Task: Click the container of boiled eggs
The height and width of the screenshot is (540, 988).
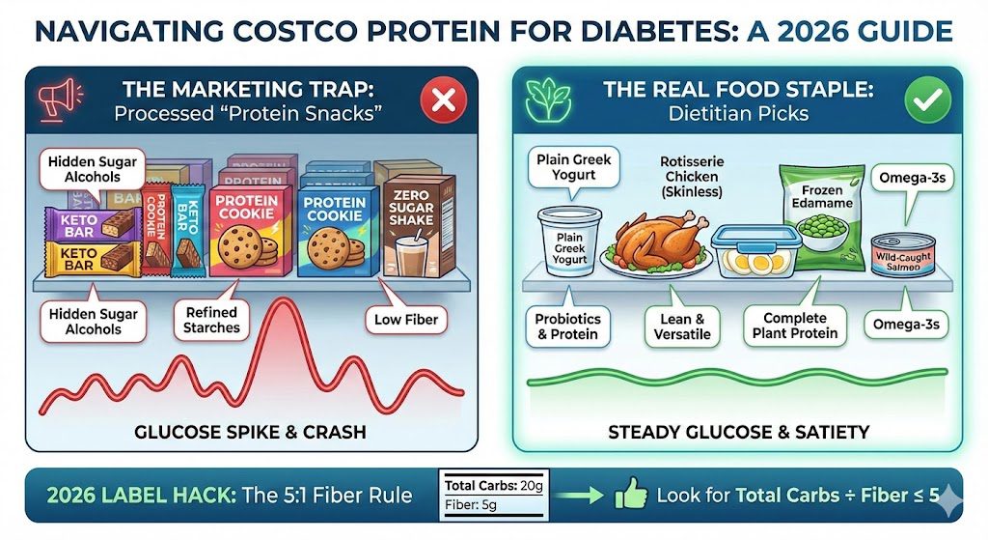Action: [x=751, y=251]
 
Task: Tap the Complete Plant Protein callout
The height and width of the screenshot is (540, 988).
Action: [x=794, y=327]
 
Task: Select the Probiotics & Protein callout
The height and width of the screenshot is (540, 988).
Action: [x=567, y=326]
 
